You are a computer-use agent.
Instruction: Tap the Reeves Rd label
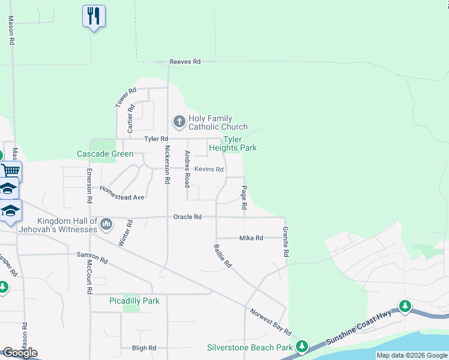[x=184, y=62]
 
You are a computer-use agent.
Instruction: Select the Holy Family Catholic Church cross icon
[x=179, y=122]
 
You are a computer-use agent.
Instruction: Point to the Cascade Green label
[x=105, y=154]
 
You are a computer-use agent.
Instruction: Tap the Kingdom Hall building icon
[x=107, y=224]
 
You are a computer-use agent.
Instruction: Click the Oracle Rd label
[x=187, y=217]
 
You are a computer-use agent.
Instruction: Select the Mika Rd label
[x=251, y=238]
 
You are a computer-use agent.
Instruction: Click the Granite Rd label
[x=285, y=242]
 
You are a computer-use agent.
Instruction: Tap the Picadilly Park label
[x=134, y=301]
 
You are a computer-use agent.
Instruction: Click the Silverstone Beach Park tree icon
[x=302, y=347]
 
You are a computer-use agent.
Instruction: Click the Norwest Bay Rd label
[x=271, y=323]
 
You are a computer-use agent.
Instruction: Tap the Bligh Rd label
[x=143, y=348]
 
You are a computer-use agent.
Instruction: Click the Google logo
[x=20, y=353]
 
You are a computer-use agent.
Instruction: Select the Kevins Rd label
[x=209, y=170]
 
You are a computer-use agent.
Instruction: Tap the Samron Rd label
[x=92, y=258]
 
